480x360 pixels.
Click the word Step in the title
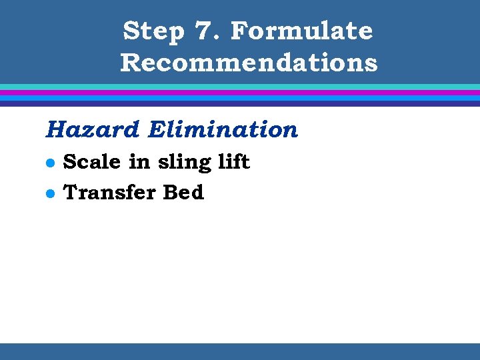tap(153, 31)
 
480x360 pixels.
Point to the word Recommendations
tap(249, 63)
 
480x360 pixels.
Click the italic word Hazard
tap(93, 129)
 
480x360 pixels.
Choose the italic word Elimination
tap(223, 129)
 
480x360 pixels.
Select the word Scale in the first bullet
tap(91, 162)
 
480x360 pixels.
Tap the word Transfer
tap(109, 193)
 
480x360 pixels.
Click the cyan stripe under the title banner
tap(240, 87)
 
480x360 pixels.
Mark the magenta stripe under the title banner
tap(240, 93)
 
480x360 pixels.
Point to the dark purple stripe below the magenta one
tap(240, 103)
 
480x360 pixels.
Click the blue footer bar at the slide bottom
tap(240, 351)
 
